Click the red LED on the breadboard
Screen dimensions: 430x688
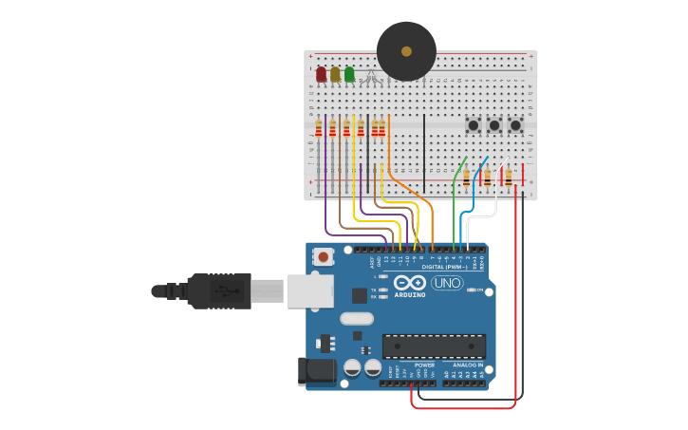point(321,73)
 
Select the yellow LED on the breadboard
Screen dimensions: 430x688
point(335,73)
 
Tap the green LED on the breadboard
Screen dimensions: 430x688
point(349,73)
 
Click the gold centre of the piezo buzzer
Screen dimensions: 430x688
point(406,51)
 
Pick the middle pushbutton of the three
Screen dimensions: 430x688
point(493,125)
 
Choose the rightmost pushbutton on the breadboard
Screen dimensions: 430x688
point(515,125)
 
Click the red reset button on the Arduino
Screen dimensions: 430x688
point(324,256)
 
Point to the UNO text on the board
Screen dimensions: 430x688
point(447,283)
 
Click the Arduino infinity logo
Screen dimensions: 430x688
point(409,283)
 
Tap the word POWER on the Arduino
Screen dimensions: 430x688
point(424,365)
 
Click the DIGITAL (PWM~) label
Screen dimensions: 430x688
point(442,267)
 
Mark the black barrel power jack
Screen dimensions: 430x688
point(317,371)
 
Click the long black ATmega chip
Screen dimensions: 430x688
point(434,346)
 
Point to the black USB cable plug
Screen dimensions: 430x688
point(219,290)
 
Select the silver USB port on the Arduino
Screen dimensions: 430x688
point(309,290)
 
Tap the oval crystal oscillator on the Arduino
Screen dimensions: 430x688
point(356,319)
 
